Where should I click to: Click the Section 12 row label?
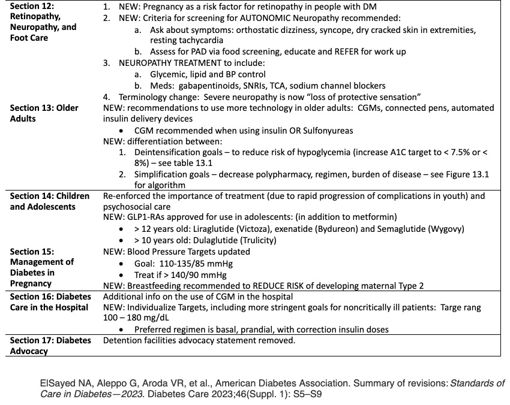(x=43, y=22)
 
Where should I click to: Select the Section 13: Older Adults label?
(x=44, y=113)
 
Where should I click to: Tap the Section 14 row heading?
(x=50, y=201)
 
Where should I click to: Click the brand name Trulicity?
(x=255, y=240)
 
